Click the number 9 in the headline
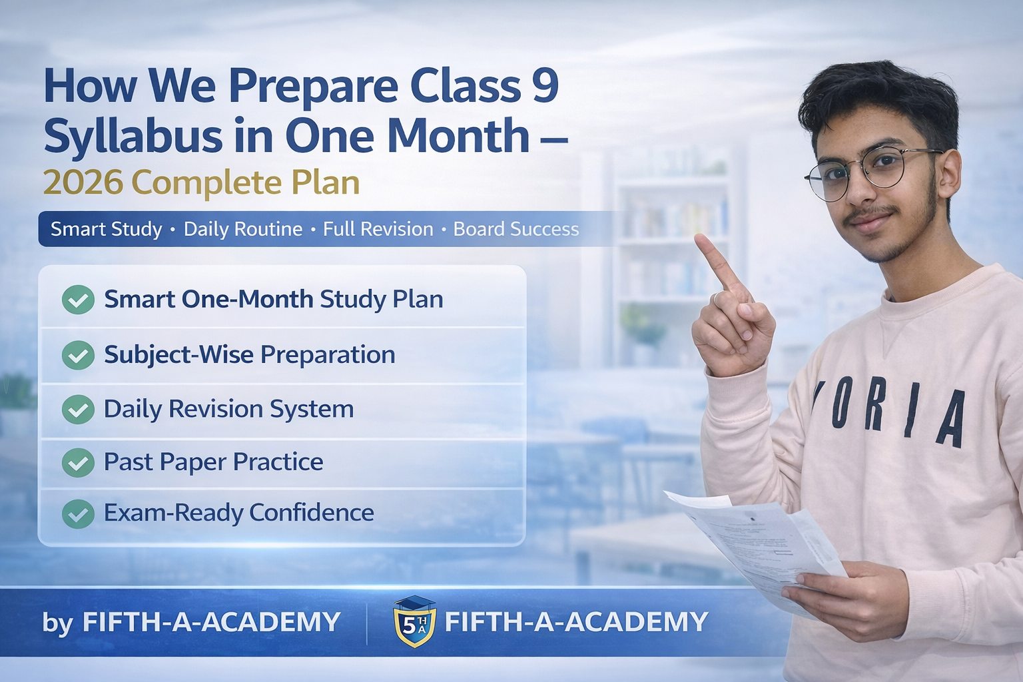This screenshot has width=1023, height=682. click(545, 86)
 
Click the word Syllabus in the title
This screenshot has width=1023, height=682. click(133, 136)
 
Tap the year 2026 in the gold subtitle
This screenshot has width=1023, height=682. click(83, 182)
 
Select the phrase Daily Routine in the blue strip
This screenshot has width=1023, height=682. click(243, 229)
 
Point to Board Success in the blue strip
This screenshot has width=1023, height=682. click(515, 229)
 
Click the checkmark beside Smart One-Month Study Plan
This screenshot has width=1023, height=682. click(78, 300)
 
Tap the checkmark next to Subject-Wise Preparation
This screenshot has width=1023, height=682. click(78, 355)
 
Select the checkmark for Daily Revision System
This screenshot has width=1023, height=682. click(78, 409)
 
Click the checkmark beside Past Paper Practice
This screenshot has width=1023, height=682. click(78, 462)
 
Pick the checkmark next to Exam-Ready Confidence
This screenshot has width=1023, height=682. click(78, 513)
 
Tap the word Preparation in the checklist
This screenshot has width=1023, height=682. click(328, 355)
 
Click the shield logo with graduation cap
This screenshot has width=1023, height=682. click(414, 622)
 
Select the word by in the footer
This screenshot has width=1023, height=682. click(57, 623)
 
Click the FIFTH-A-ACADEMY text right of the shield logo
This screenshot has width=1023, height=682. click(576, 622)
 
